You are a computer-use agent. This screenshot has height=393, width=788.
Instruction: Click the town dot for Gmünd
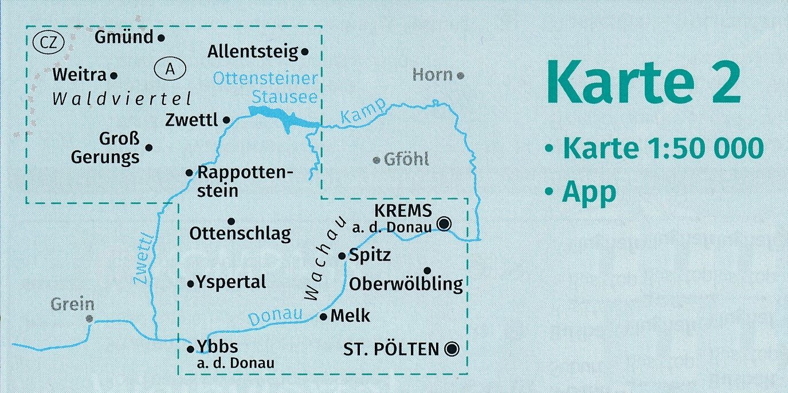(161, 38)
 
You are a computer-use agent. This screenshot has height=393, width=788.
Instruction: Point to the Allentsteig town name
(253, 52)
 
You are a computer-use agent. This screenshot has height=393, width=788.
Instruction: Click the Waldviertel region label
(121, 99)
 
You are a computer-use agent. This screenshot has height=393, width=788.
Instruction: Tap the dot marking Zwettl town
(226, 120)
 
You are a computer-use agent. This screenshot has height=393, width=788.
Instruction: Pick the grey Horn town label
(433, 75)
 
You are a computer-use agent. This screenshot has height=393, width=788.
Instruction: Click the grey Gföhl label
(406, 159)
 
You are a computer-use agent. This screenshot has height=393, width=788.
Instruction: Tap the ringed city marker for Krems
(444, 223)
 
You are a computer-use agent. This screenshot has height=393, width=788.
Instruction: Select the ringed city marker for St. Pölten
(452, 348)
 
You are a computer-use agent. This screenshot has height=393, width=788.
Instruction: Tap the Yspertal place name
(231, 282)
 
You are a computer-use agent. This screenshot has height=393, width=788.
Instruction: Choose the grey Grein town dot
(89, 318)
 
